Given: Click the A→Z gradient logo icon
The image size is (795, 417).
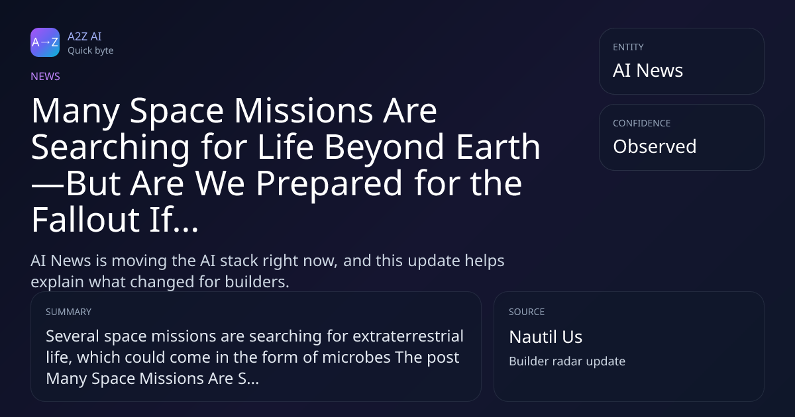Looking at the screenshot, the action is click(45, 42).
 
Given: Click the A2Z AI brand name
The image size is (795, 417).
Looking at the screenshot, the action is click(85, 36).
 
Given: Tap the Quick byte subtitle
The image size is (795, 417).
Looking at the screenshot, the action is click(91, 51).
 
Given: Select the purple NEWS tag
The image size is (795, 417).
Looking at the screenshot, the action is click(46, 76).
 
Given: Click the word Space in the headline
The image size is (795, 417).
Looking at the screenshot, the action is click(176, 112).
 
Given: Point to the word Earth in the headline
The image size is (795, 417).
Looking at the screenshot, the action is click(498, 146).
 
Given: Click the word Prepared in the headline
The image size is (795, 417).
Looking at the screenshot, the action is click(329, 184).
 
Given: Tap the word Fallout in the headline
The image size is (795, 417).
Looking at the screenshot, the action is click(85, 219).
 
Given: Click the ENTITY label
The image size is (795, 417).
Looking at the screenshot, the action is click(628, 47).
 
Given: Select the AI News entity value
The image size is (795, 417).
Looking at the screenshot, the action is click(648, 70).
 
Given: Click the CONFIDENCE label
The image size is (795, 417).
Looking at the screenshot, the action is click(642, 123).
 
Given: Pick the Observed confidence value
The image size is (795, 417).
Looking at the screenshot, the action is click(655, 146).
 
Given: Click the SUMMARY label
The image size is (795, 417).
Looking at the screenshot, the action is click(68, 312).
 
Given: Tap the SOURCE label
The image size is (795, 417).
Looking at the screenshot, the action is click(527, 312).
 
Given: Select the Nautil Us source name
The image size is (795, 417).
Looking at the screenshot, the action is click(545, 337).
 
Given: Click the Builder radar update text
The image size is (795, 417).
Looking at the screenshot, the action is click(567, 361).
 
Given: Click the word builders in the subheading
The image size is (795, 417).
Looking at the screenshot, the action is click(257, 282).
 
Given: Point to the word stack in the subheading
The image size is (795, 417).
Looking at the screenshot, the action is click(239, 261).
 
